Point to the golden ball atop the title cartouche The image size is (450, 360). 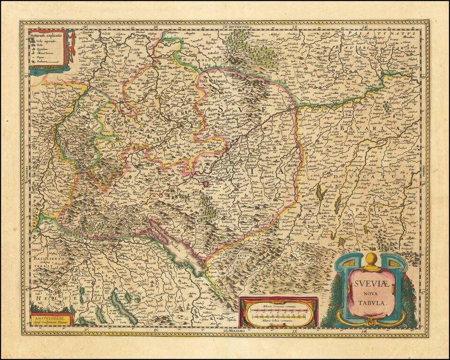[371, 259]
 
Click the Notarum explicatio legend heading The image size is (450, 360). [47, 35]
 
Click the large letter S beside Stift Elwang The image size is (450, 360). [220, 109]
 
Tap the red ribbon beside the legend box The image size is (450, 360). [71, 47]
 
